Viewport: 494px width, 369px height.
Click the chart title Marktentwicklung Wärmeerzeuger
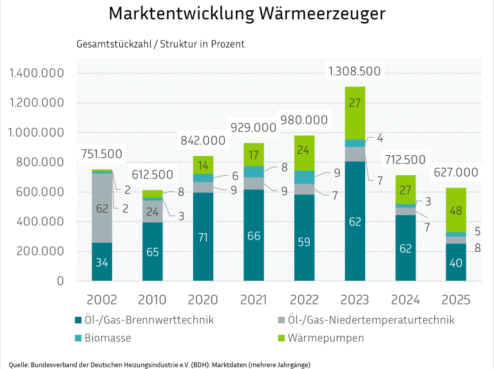coord(247,14)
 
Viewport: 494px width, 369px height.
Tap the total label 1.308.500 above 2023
coord(354,71)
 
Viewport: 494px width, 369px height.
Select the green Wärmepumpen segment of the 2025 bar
coord(457,210)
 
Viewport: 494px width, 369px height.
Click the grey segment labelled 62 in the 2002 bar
coord(102,208)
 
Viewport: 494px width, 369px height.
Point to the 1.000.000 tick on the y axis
coord(38,133)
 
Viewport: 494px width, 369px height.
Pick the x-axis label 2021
coord(254,299)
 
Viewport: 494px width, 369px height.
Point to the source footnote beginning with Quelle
coord(160,364)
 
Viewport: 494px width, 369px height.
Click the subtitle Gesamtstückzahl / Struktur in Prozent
coord(160,45)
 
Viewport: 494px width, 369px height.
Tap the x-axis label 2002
coord(101,299)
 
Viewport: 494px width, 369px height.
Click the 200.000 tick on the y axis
coord(38,252)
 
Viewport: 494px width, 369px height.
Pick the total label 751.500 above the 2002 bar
coord(102,154)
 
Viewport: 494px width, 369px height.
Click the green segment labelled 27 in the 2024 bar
coord(406,190)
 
